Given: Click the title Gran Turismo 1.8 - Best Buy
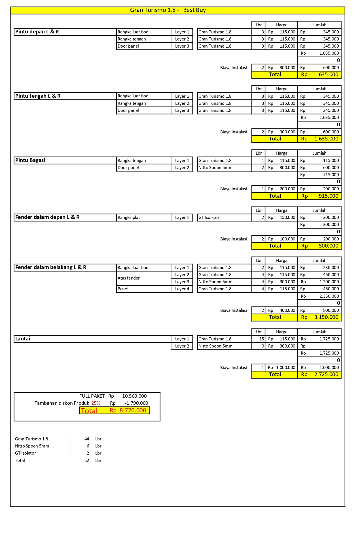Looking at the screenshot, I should click(168, 10).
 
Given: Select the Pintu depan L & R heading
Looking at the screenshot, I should click(37, 32).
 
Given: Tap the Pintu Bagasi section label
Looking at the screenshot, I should click(30, 160).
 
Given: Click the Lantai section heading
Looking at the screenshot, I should click(23, 339).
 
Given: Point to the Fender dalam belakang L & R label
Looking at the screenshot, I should click(51, 267).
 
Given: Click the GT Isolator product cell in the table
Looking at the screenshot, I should click(209, 218).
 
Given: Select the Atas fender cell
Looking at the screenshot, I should click(129, 278).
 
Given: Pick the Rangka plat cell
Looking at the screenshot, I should click(129, 218).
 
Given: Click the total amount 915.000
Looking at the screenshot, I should click(328, 196).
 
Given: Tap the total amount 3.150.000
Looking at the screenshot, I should click(326, 317).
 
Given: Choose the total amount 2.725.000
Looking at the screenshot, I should click(326, 374).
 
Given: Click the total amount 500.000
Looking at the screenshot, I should click(328, 246).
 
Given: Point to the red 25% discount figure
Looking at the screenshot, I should click(96, 403).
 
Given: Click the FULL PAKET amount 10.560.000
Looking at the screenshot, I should click(134, 396).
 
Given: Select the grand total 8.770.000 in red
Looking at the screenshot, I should click(133, 410).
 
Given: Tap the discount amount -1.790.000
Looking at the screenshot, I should click(136, 403).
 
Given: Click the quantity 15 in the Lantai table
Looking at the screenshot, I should click(261, 339).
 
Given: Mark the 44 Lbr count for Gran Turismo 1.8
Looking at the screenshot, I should click(87, 439).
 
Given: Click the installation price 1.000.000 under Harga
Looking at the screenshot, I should click(285, 368).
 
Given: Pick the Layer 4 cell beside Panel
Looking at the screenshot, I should click(182, 289).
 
